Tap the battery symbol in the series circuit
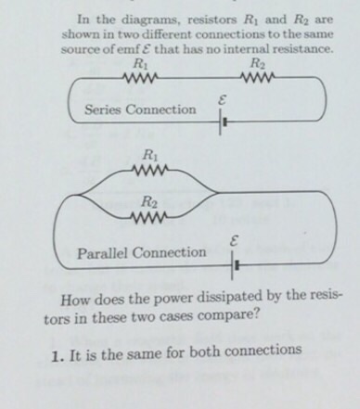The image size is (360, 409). click(221, 121)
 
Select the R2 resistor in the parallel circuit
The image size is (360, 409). click(150, 219)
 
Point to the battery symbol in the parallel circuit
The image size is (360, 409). click(236, 266)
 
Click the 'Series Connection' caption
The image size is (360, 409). click(140, 109)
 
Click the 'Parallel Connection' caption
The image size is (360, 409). click(143, 252)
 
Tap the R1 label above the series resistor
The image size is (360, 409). click(140, 64)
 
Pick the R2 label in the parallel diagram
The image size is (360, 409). click(148, 202)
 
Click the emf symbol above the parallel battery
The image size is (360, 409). click(236, 242)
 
